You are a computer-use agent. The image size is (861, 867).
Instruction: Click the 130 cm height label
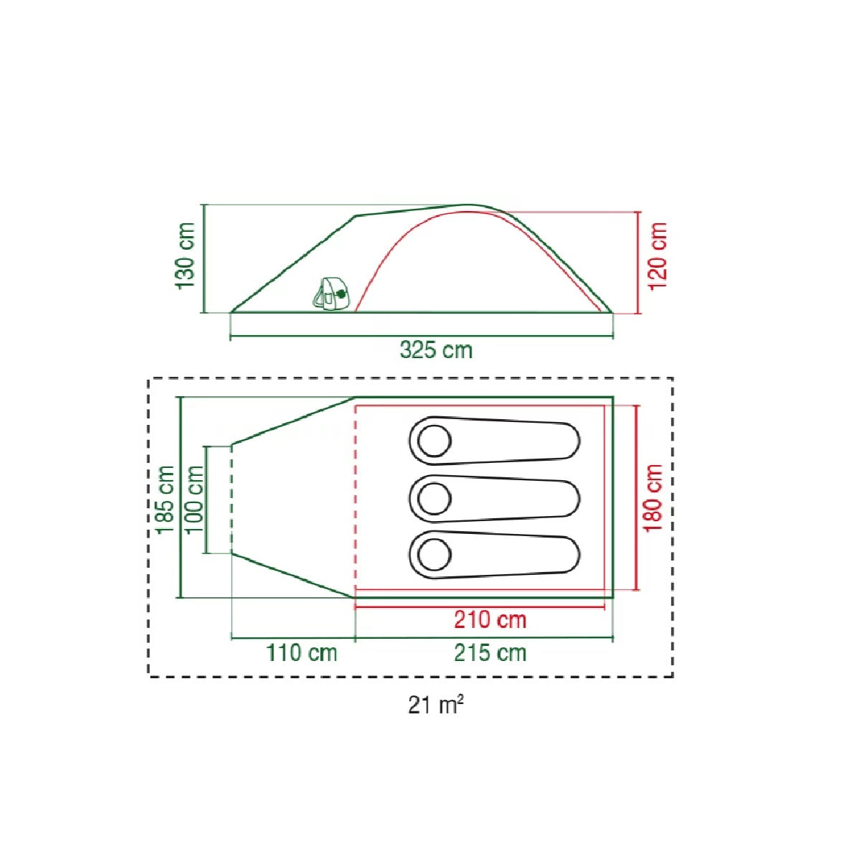point(186,256)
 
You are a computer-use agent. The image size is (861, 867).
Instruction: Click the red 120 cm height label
point(658,256)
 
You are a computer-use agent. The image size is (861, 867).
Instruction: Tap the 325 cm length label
point(436,350)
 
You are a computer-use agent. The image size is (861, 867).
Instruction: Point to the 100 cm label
point(194,499)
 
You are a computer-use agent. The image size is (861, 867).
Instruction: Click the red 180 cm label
point(654,498)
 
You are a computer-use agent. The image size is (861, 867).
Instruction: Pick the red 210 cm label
point(490,620)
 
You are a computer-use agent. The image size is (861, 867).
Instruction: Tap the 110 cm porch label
point(302,653)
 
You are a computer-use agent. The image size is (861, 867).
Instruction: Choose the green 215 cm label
point(490,653)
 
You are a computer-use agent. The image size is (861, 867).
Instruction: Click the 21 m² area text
point(436,705)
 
